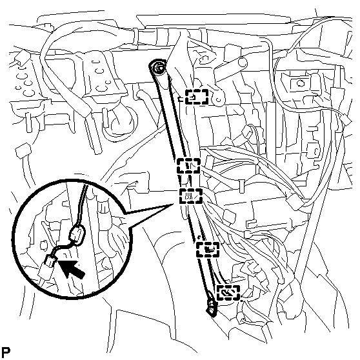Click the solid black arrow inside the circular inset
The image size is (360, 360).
[71, 268]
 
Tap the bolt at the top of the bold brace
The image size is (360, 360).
[159, 68]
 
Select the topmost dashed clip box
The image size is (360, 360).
[197, 97]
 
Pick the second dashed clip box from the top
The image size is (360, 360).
[188, 166]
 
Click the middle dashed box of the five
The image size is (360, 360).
[191, 196]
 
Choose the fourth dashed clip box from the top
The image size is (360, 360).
[208, 250]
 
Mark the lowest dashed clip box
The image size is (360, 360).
[228, 293]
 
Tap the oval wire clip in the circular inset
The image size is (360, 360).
[77, 235]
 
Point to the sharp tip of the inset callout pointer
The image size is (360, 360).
[174, 203]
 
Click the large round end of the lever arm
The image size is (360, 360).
[243, 62]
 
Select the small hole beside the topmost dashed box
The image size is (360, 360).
[219, 100]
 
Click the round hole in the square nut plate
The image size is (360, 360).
[300, 83]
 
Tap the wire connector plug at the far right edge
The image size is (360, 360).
[346, 120]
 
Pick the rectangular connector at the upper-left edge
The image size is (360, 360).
[23, 58]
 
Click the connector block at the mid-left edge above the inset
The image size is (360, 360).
[23, 150]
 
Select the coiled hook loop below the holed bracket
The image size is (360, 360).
[119, 123]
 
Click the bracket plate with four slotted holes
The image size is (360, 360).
[101, 75]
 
